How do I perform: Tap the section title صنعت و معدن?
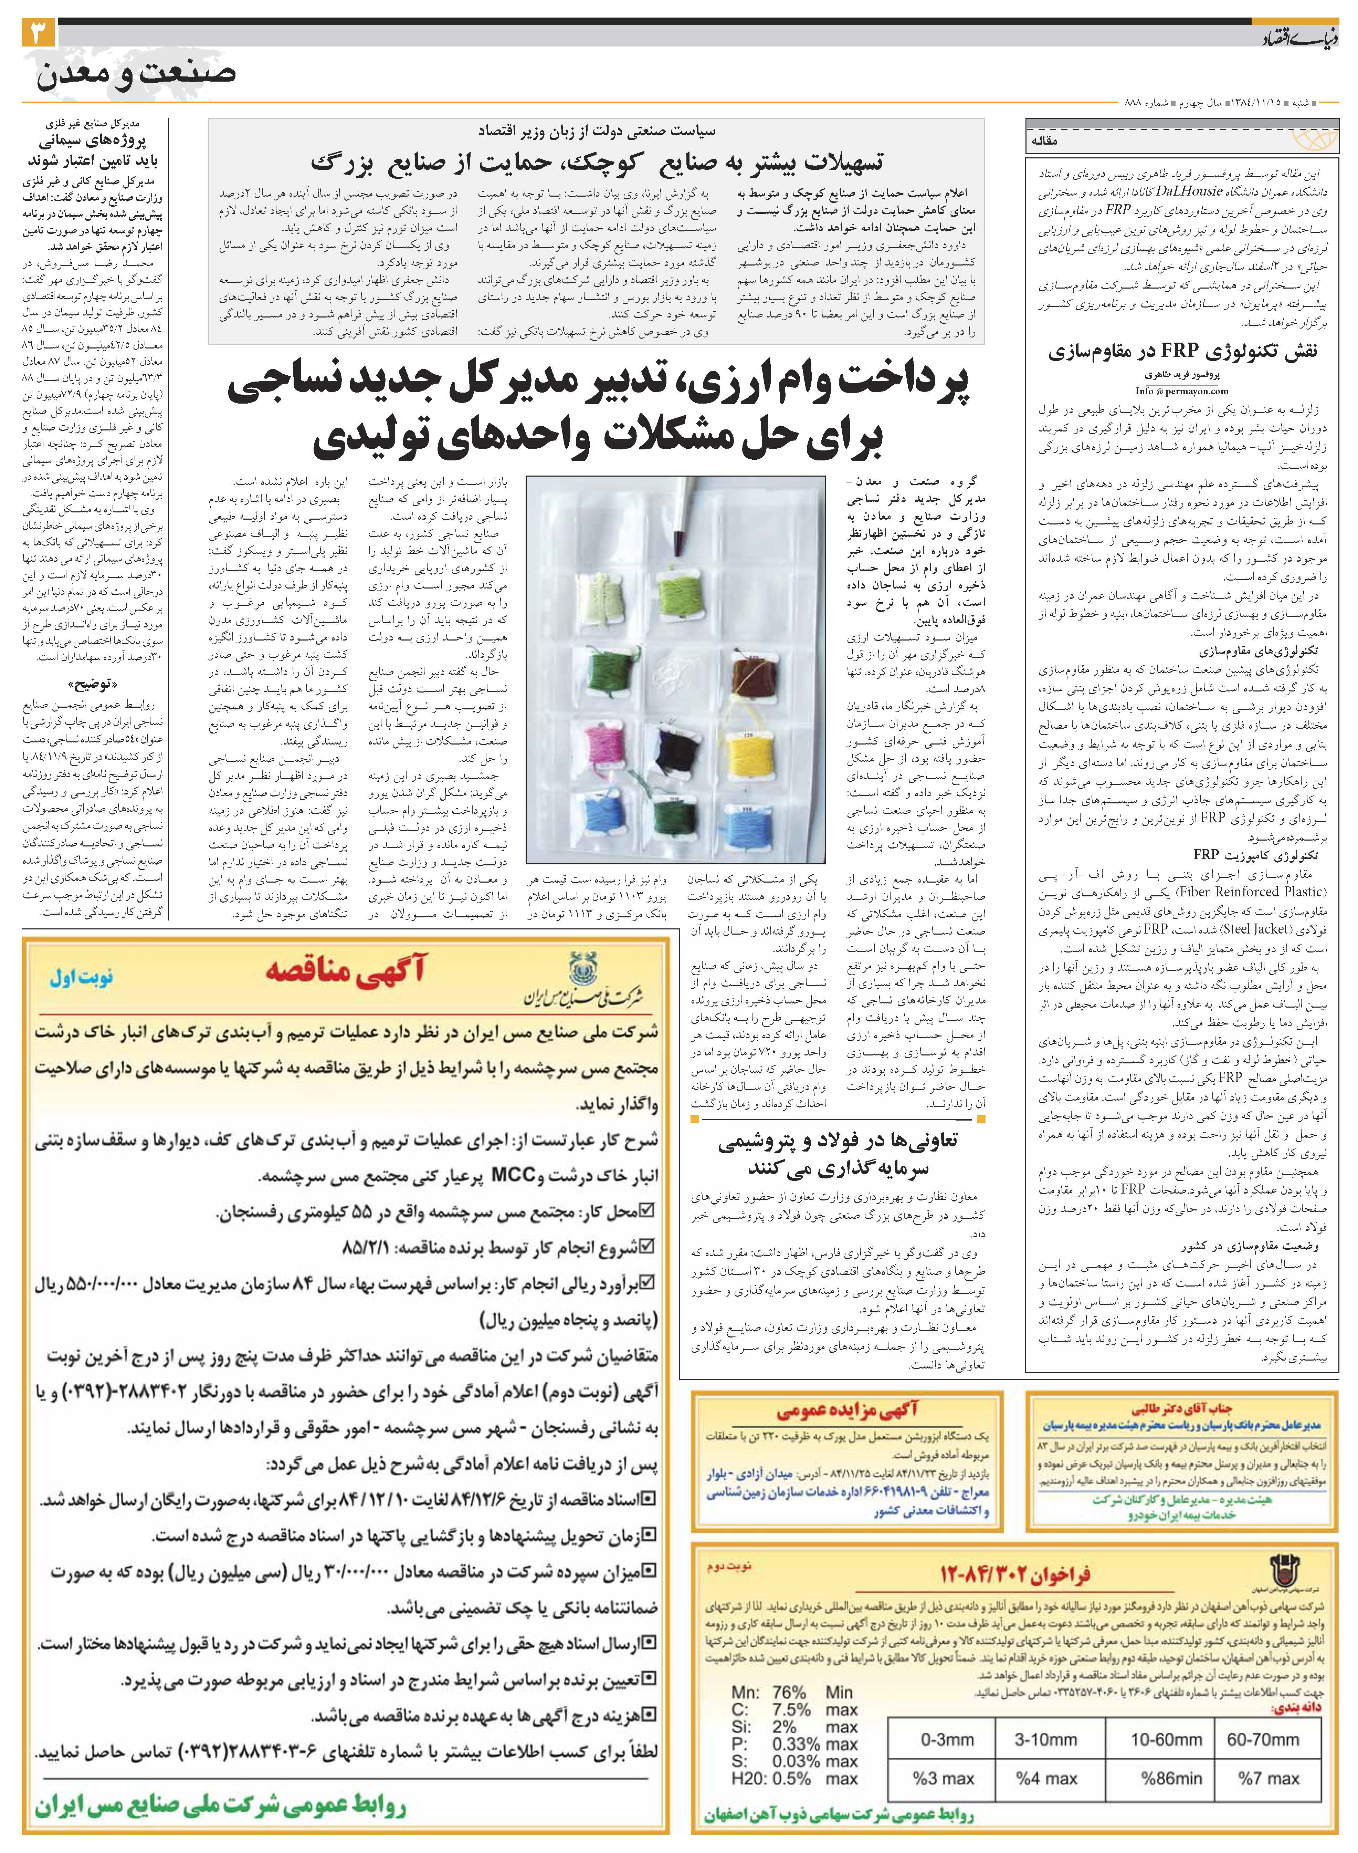point(136,74)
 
